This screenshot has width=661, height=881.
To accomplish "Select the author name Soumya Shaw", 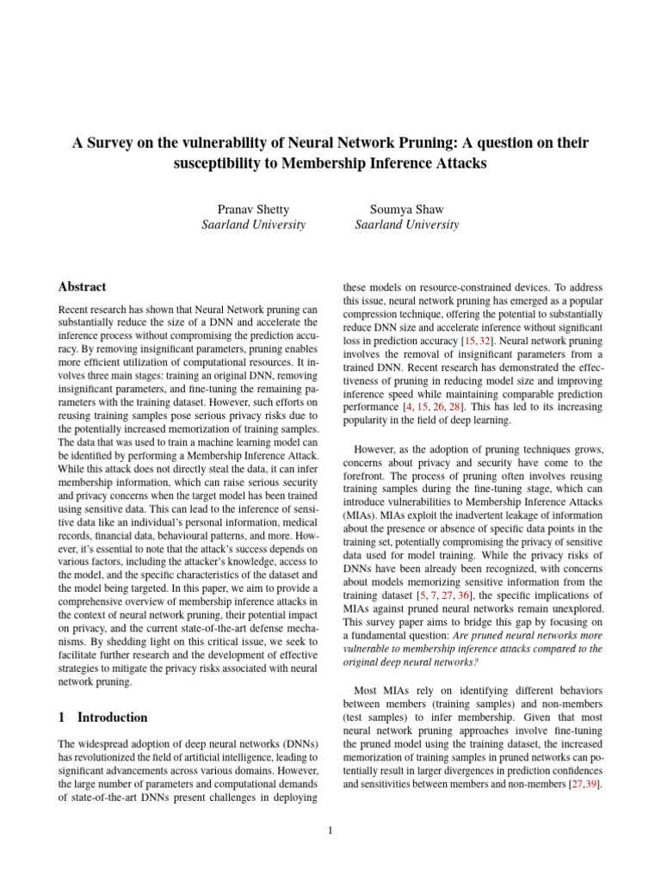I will point(406,208).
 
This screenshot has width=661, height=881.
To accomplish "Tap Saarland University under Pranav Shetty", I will point(253,225).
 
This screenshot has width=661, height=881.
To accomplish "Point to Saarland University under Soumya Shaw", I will point(406,225).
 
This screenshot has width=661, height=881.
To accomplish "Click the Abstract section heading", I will point(82,287).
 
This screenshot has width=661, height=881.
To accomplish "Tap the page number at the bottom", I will point(330,830).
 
